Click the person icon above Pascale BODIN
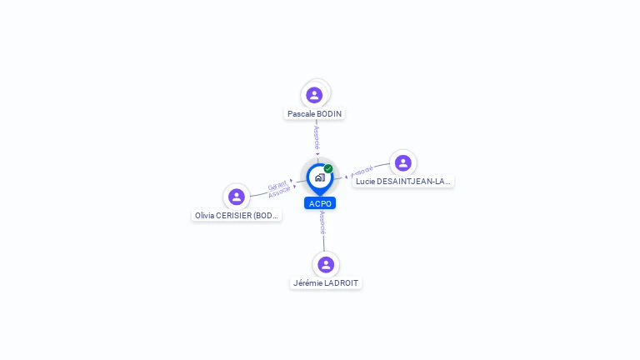pyautogui.click(x=314, y=94)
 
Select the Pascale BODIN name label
pyautogui.click(x=315, y=113)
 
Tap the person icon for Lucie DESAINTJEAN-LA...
pyautogui.click(x=403, y=162)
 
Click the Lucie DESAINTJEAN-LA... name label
pyautogui.click(x=402, y=181)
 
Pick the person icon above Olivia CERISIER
pyautogui.click(x=237, y=197)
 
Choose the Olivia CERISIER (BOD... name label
pyautogui.click(x=237, y=215)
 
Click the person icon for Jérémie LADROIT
pyautogui.click(x=326, y=264)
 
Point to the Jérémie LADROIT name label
pyautogui.click(x=326, y=283)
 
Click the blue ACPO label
pyautogui.click(x=320, y=203)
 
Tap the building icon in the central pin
pyautogui.click(x=319, y=177)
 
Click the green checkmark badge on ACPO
pyautogui.click(x=328, y=168)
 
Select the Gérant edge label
pyautogui.click(x=277, y=186)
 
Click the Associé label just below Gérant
pyautogui.click(x=280, y=192)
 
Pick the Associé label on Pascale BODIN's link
pyautogui.click(x=317, y=137)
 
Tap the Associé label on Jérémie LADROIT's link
pyautogui.click(x=322, y=222)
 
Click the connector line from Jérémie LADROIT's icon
pyautogui.click(x=323, y=242)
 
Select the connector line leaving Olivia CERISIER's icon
pyautogui.click(x=260, y=194)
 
